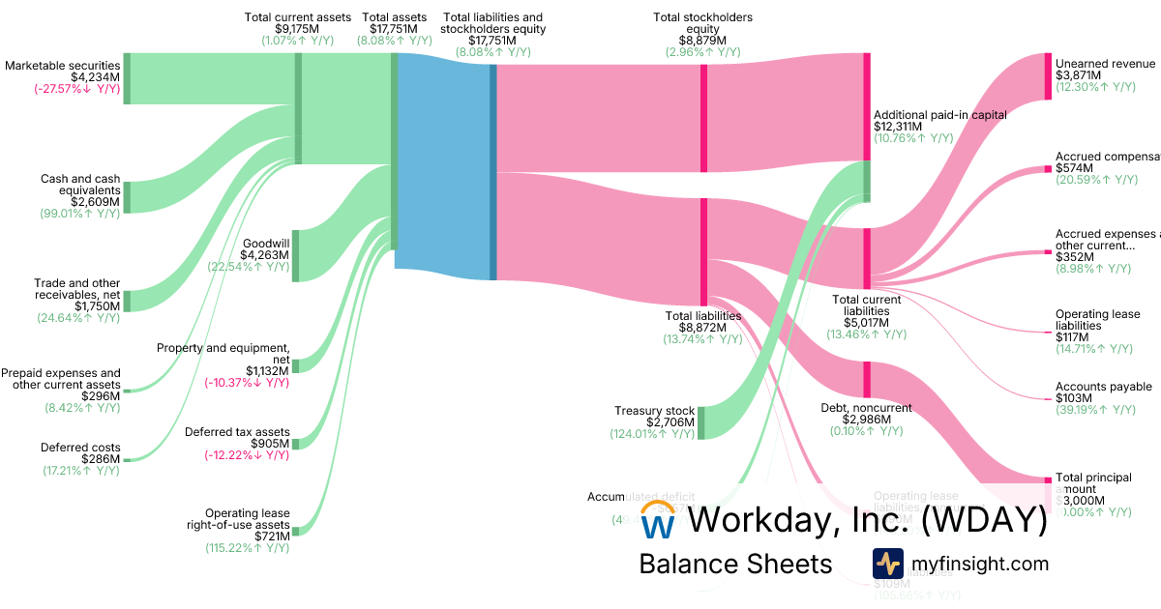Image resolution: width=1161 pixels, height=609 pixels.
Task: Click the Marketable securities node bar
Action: [x=126, y=78]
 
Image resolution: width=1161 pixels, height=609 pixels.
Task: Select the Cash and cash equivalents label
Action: [x=80, y=185]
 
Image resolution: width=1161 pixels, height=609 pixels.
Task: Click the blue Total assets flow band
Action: [x=443, y=164]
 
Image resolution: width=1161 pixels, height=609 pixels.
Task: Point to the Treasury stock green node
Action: [x=701, y=422]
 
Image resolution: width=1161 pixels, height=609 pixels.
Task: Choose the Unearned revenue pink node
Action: [x=1048, y=76]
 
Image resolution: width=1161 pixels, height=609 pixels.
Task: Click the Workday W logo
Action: [x=659, y=521]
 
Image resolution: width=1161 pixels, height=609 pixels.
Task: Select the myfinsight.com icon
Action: [x=887, y=564]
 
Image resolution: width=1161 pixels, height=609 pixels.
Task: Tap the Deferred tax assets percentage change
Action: [x=246, y=456]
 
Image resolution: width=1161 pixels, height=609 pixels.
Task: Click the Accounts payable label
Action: [x=1103, y=387]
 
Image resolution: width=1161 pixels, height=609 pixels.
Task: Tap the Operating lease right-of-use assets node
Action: [x=295, y=530]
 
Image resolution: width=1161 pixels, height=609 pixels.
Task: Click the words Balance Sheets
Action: [x=735, y=564]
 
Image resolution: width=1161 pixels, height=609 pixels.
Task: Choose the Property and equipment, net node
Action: [x=295, y=365]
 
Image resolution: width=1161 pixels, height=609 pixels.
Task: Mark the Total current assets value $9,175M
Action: [x=298, y=29]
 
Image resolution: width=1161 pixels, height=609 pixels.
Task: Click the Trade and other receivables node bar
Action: [x=126, y=300]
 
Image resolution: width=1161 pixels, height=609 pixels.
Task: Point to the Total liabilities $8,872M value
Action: [x=702, y=328]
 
